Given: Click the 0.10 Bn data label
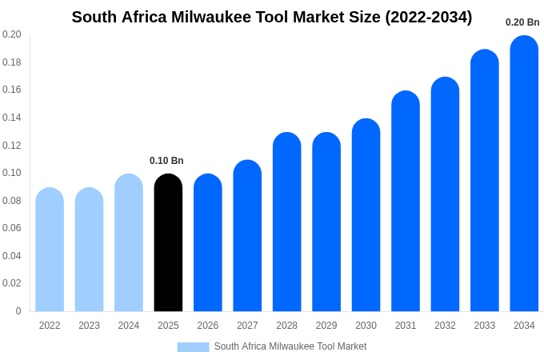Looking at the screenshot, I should pos(166,161).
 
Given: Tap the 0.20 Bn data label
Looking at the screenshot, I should pos(522,22).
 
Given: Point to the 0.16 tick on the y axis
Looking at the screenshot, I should pos(12,90).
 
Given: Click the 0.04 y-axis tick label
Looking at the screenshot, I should pos(12,256).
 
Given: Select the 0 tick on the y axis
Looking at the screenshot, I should pos(18,311).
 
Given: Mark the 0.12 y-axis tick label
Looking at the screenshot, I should pos(12,146).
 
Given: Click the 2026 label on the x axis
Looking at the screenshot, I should pos(208,326).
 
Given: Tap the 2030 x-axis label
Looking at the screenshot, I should pos(366,326).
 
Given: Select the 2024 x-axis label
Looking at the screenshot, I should pos(129,326).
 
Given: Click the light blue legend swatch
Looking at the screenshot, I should pos(193,347).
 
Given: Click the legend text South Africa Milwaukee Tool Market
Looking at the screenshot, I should pos(290,346).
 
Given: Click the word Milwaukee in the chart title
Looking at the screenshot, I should pos(210,17).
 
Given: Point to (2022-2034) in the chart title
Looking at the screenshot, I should pos(429,17).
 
